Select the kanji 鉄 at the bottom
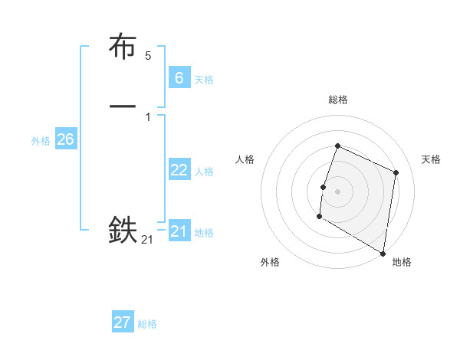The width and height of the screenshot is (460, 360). click(x=123, y=229)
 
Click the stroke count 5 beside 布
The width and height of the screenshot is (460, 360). click(x=148, y=56)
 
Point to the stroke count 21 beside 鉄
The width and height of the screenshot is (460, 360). click(x=147, y=240)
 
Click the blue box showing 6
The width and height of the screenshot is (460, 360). click(x=179, y=77)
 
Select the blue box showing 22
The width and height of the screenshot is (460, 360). click(x=179, y=170)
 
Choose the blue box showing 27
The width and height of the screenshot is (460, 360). click(x=123, y=322)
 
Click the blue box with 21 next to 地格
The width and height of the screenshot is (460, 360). click(x=179, y=231)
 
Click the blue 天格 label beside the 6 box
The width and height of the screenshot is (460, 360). click(x=204, y=80)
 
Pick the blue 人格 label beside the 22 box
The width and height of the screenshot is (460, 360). click(x=204, y=172)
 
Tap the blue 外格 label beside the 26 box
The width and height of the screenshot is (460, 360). click(x=41, y=141)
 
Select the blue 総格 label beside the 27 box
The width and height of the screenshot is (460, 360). click(x=147, y=325)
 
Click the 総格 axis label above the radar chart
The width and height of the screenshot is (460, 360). click(x=337, y=100)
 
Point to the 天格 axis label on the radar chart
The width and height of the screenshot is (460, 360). click(x=431, y=159)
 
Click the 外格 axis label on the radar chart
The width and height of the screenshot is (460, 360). click(x=270, y=262)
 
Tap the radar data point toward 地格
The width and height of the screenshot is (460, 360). click(x=383, y=253)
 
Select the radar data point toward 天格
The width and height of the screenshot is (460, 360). click(x=396, y=172)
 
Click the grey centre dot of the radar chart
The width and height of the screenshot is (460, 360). click(x=337, y=191)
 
